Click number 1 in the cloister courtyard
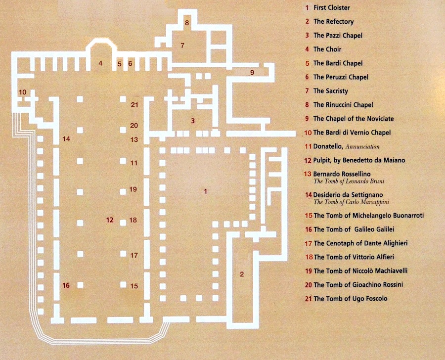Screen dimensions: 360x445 [x=205, y=191]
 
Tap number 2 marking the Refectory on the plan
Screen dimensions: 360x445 [x=242, y=274]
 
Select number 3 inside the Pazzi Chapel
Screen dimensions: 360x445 [x=193, y=121]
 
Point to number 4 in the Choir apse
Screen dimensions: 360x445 [x=100, y=63]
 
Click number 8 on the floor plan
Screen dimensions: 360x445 [x=187, y=23]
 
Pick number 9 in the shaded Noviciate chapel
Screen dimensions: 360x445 [x=252, y=73]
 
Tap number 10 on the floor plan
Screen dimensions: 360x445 [x=23, y=92]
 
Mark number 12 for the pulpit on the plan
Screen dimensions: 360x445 [x=110, y=220]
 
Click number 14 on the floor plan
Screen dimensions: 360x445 [x=66, y=139]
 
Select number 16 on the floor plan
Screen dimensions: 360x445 [x=66, y=285]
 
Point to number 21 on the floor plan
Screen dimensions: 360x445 [x=134, y=104]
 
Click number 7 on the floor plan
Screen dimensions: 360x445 [x=182, y=45]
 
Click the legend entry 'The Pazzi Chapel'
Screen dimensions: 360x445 [x=338, y=36]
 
